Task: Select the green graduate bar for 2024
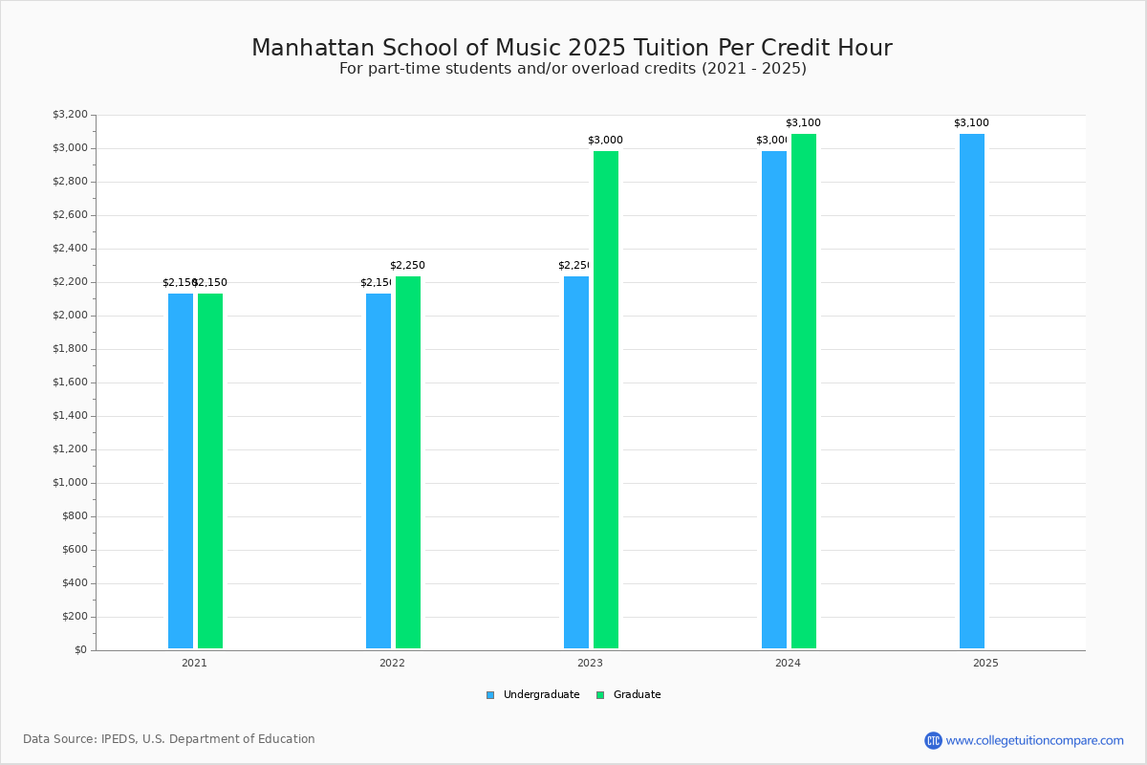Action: click(804, 391)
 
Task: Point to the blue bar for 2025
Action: click(972, 391)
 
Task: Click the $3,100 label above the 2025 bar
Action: click(971, 123)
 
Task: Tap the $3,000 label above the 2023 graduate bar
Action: click(605, 141)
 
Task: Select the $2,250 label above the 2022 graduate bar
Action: click(407, 266)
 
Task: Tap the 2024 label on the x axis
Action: click(788, 663)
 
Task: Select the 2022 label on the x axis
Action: click(392, 663)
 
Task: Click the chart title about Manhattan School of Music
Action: click(572, 48)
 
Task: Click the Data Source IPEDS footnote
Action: click(169, 739)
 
